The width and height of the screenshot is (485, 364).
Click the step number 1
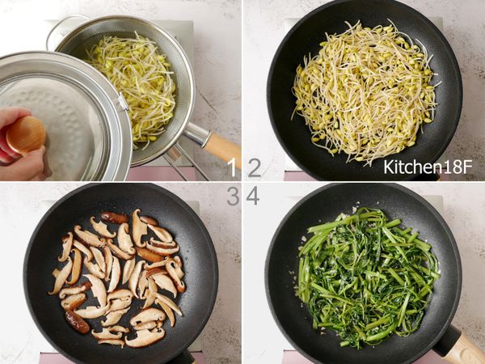pos(232,168)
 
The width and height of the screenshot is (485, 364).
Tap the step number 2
pos(255,168)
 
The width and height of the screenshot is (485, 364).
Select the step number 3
pos(234,197)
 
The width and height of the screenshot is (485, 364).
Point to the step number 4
pos(253,197)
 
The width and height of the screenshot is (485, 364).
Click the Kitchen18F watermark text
pos(428,167)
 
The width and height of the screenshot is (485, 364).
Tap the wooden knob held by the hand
pos(25,135)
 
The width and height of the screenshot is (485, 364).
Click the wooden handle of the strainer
pos(223,150)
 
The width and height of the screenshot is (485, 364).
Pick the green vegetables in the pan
pos(366,277)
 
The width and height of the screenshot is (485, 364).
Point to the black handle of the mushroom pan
pos(183,358)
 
